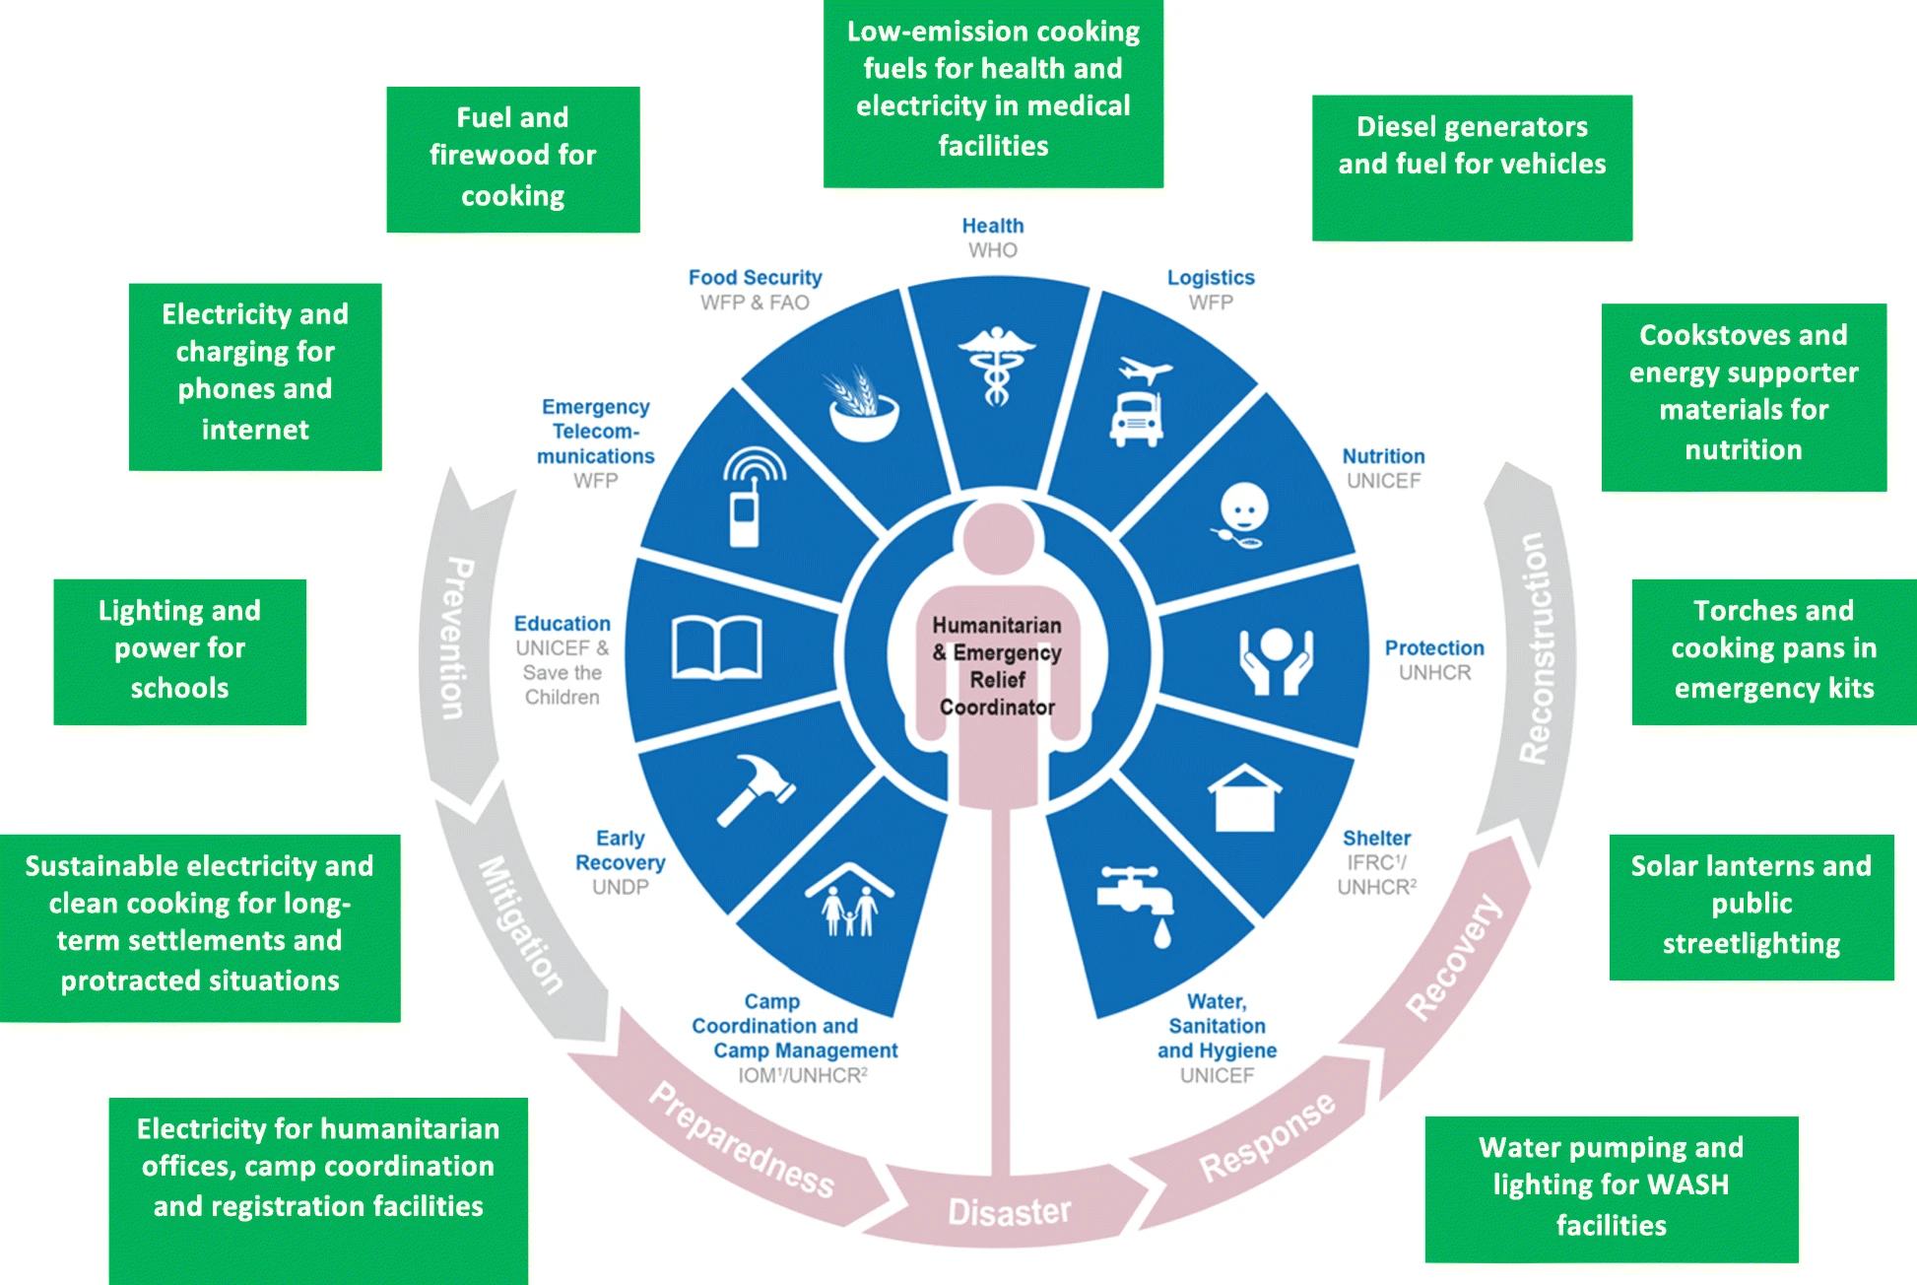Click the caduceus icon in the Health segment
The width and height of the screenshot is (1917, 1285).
(x=996, y=365)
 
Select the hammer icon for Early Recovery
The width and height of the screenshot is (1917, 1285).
(x=756, y=788)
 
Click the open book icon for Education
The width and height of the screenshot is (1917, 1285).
(x=716, y=647)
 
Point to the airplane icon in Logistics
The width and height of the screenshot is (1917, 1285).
(x=1145, y=372)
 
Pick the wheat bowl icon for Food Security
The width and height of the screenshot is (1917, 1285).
(x=863, y=405)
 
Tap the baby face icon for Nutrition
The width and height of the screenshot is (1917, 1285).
(x=1243, y=514)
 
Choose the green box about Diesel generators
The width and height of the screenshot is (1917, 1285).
(x=1472, y=168)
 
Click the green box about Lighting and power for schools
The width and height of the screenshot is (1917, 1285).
(x=179, y=651)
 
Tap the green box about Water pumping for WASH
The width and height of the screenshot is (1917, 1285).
(x=1611, y=1188)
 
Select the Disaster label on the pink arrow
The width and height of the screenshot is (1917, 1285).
(x=1009, y=1211)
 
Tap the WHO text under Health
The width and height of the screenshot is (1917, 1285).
(x=992, y=250)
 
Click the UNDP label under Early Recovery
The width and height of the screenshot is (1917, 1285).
(x=620, y=887)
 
